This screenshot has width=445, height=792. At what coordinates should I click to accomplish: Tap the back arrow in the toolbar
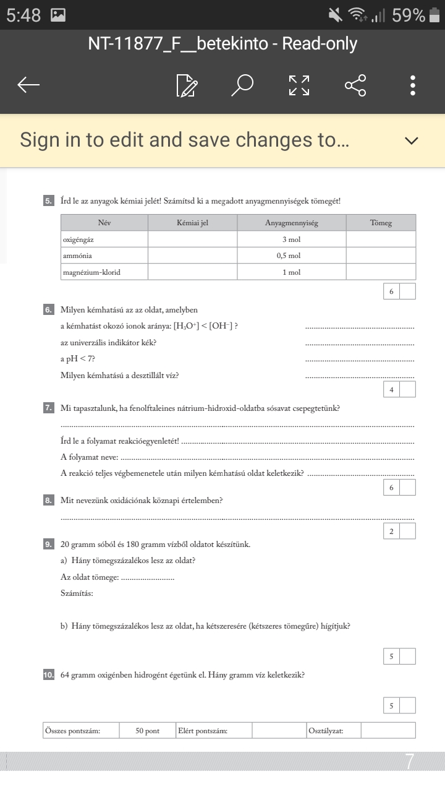(x=29, y=85)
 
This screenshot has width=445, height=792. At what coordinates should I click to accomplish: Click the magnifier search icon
(x=242, y=85)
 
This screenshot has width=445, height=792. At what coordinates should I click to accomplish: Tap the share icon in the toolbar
(x=355, y=85)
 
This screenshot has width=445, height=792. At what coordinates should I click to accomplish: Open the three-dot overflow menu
(x=412, y=85)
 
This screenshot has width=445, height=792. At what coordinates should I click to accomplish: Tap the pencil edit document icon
(x=187, y=86)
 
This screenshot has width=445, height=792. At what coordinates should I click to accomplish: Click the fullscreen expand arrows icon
(x=299, y=85)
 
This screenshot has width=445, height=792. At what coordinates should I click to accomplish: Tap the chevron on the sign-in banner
(x=411, y=141)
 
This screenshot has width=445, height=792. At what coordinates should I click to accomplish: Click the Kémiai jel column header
(x=192, y=223)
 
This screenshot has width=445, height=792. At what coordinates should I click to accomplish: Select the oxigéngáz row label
(x=78, y=239)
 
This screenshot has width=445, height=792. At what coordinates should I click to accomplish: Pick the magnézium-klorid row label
(x=91, y=272)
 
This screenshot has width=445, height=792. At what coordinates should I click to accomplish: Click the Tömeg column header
(x=381, y=223)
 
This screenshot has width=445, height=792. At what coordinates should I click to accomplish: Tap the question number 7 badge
(x=48, y=408)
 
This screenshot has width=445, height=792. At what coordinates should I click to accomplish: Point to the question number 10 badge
(x=48, y=675)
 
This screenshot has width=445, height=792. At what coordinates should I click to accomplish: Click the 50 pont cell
(x=148, y=731)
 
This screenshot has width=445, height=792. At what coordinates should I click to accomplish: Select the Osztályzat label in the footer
(x=326, y=731)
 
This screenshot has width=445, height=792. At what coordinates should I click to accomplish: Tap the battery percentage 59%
(x=409, y=15)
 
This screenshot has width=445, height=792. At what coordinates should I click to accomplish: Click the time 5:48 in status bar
(x=23, y=15)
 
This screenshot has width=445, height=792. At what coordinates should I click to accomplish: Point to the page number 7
(x=409, y=762)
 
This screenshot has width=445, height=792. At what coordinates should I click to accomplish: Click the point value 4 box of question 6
(x=391, y=389)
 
